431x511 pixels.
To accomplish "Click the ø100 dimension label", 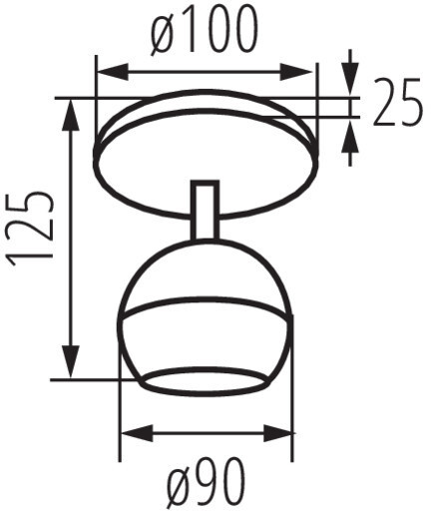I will [205, 32].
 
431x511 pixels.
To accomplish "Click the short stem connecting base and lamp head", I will [204, 211].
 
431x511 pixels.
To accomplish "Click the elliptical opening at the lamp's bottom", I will [205, 379].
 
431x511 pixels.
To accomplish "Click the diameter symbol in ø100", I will [165, 33].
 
